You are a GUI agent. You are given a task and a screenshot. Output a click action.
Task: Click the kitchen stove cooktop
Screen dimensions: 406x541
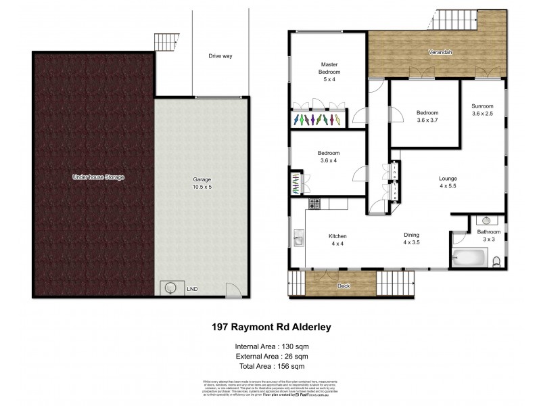tap(314, 203)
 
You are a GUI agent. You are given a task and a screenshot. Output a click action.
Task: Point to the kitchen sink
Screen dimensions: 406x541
tap(298, 238)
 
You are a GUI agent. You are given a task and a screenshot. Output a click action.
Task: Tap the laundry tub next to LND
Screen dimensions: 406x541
tap(170, 287)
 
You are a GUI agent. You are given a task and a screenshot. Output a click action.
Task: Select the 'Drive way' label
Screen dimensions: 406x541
tap(220, 56)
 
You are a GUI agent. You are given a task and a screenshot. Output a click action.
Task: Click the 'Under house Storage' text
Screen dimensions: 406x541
tap(99, 177)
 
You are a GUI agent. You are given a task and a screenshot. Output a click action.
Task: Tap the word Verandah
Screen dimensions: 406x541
tap(439, 52)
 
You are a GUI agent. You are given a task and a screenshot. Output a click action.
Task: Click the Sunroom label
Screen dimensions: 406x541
tap(482, 106)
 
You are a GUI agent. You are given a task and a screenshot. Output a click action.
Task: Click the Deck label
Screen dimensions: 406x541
tap(343, 286)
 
